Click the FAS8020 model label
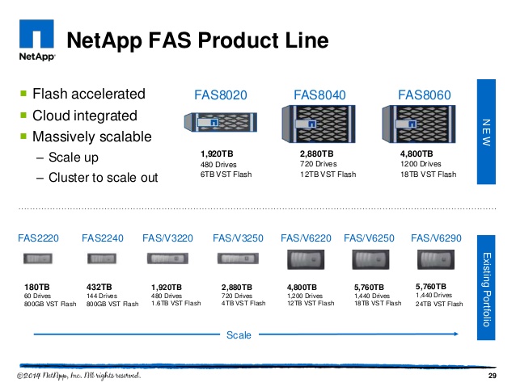(x=220, y=95)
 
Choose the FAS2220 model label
(x=39, y=238)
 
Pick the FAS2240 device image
(x=103, y=259)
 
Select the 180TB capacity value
(x=37, y=287)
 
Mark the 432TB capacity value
(x=99, y=287)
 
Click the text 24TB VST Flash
(x=439, y=305)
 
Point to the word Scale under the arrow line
(x=239, y=334)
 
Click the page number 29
(x=491, y=377)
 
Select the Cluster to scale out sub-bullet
(x=104, y=177)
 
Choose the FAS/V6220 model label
(x=306, y=238)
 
